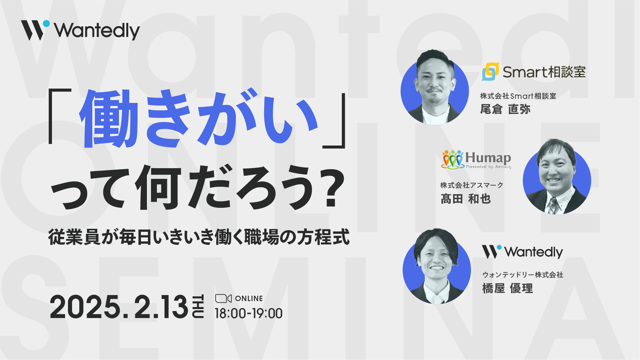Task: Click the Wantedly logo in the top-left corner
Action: point(80,30)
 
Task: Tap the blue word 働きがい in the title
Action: point(199,119)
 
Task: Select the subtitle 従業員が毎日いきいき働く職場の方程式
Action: point(199,237)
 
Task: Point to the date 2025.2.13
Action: point(119,307)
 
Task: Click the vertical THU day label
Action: point(198,306)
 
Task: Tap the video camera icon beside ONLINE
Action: point(223,298)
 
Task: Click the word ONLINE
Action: point(249,299)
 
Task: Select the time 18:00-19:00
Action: point(249,314)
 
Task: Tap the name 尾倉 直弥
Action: point(505,109)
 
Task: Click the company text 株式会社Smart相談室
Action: point(518,96)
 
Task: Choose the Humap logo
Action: point(476,160)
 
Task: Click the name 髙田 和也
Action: point(466,199)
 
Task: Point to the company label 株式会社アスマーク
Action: point(472,185)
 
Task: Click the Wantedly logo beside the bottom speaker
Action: point(522,252)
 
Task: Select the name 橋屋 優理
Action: point(507,288)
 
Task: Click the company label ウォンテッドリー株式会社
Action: point(523,275)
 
